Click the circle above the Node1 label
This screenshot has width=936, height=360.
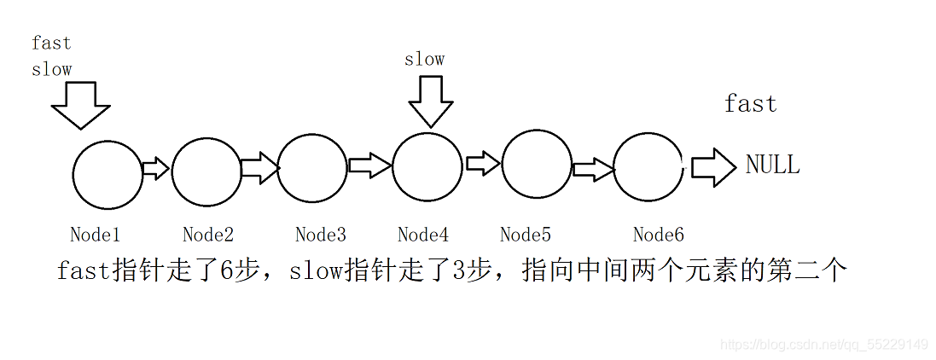[108, 175]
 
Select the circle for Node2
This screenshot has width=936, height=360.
[206, 171]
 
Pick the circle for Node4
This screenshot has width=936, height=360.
[427, 166]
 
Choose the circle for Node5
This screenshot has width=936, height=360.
[537, 165]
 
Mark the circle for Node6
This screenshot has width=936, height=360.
[648, 169]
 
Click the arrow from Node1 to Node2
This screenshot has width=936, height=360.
[156, 168]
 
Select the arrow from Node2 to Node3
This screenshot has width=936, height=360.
[259, 168]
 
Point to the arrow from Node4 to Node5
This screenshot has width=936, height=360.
[482, 164]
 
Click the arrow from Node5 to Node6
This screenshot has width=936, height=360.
[593, 169]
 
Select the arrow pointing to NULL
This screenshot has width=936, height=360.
[712, 167]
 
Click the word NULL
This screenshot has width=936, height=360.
[772, 165]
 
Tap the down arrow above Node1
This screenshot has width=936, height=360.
[81, 106]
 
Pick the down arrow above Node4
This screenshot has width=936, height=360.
[431, 101]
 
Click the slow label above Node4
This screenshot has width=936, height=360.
[424, 59]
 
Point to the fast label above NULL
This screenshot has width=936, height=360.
[750, 104]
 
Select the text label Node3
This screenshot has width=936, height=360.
[320, 235]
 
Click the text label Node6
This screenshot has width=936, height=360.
[658, 235]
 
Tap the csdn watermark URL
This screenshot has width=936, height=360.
[823, 345]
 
